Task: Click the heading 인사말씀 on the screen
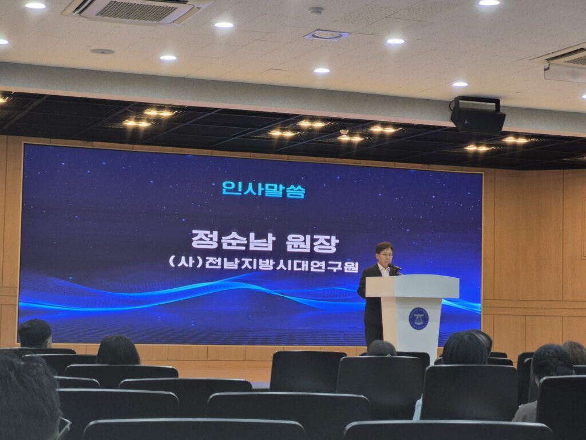pyautogui.click(x=264, y=189)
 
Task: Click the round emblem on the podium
pyautogui.click(x=418, y=319)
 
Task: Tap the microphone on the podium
pyautogui.click(x=395, y=267)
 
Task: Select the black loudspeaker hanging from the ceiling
pyautogui.click(x=477, y=115)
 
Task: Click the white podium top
pyautogui.click(x=412, y=286)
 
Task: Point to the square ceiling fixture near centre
pyautogui.click(x=327, y=35)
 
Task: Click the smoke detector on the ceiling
pyautogui.click(x=316, y=10)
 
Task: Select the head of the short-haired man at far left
pyautogui.click(x=35, y=333)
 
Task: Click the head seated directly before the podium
pyautogui.click(x=381, y=348)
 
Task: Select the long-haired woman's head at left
pyautogui.click(x=118, y=350)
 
